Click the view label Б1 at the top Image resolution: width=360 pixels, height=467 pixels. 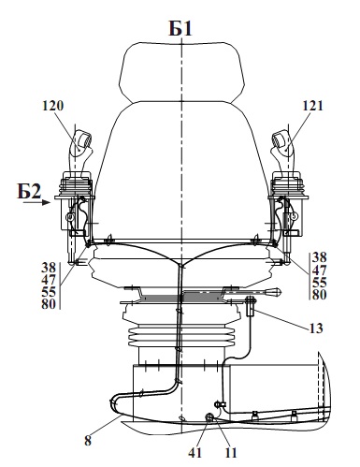(180, 28)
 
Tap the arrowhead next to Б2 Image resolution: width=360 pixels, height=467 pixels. (46, 202)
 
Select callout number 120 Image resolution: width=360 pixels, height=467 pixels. (52, 106)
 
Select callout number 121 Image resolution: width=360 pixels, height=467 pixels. (312, 106)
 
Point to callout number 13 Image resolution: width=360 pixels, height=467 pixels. (316, 328)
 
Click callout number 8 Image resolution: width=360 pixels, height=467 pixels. (88, 441)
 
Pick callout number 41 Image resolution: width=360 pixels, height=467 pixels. (195, 453)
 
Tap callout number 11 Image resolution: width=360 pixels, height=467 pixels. (231, 453)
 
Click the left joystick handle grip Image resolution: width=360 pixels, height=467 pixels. (80, 150)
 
